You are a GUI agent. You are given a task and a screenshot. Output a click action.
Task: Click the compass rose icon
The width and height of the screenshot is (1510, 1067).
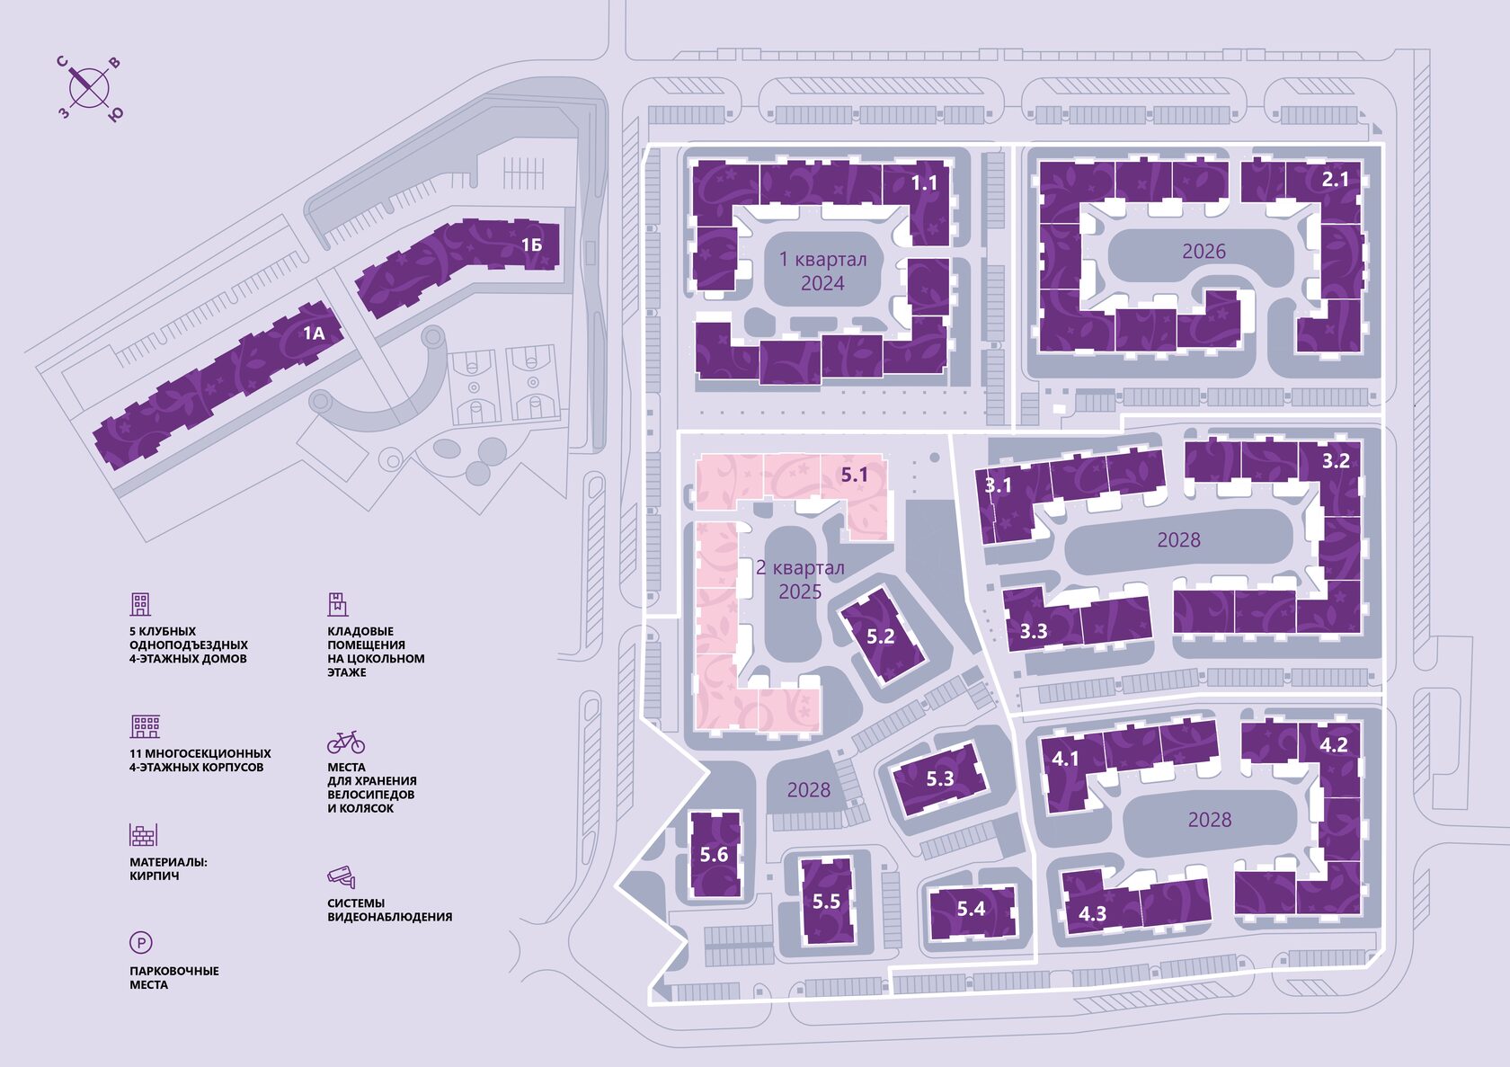[x=89, y=87]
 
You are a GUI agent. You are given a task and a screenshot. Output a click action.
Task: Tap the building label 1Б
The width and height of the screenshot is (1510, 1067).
[x=531, y=245]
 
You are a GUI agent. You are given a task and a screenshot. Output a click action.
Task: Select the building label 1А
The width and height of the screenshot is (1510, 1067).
[x=313, y=333]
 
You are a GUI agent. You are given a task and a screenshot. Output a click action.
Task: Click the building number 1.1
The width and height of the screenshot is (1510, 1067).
[x=924, y=183]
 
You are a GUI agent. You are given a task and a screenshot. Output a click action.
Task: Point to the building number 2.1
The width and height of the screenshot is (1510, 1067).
[x=1335, y=179]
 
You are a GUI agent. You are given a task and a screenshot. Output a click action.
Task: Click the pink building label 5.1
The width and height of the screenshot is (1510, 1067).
[x=854, y=475]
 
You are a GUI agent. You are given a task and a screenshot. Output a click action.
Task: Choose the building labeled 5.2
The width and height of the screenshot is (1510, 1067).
[x=881, y=636]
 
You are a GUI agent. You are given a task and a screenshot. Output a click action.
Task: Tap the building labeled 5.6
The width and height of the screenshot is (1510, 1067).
[x=715, y=854]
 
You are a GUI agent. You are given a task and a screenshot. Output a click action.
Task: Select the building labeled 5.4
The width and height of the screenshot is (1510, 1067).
[x=971, y=909]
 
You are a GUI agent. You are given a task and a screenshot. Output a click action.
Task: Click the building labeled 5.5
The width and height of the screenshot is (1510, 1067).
[x=826, y=901]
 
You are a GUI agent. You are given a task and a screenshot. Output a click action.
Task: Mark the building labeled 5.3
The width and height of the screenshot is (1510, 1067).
[x=940, y=778]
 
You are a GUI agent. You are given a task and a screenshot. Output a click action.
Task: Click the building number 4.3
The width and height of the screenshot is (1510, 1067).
[x=1092, y=914]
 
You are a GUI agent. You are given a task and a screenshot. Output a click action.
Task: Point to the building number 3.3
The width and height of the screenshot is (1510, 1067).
[x=1034, y=631]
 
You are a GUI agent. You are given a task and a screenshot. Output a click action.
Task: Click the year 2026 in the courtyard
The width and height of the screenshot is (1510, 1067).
[x=1204, y=252]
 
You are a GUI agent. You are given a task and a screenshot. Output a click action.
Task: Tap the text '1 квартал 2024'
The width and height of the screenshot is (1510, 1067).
[x=822, y=271]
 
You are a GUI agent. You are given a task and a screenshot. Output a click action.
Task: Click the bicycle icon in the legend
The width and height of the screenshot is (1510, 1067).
[x=346, y=742]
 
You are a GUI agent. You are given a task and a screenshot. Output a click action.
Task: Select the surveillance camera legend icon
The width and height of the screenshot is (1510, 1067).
[x=342, y=876]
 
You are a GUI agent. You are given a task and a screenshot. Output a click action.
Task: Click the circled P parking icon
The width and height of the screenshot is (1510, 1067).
[x=141, y=943]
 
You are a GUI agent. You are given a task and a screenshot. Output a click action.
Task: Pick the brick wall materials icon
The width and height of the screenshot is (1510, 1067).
[x=143, y=835]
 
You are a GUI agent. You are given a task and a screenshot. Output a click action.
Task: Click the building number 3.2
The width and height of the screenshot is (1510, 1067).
[x=1336, y=461]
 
